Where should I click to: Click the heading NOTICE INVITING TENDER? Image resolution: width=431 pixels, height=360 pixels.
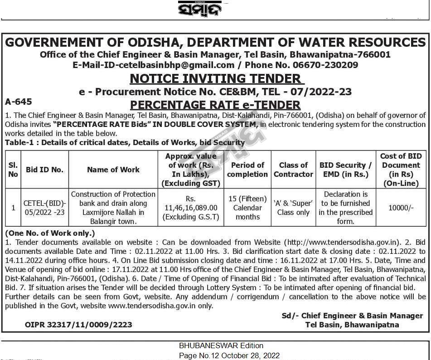(x=215, y=78)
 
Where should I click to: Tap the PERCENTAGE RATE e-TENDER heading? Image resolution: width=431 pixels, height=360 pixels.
(x=215, y=105)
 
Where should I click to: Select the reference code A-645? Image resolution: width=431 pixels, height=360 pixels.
(x=18, y=102)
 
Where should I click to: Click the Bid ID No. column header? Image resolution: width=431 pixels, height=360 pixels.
(x=44, y=170)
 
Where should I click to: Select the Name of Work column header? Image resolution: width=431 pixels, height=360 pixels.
(x=113, y=170)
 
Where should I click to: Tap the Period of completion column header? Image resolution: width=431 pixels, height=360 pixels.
(x=247, y=170)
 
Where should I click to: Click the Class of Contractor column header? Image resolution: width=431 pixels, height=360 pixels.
(x=293, y=170)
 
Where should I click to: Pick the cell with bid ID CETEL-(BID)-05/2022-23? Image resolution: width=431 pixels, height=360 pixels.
(x=44, y=208)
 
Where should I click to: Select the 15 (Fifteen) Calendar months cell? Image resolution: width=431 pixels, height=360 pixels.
(x=247, y=208)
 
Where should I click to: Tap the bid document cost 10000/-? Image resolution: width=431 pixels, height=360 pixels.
(x=401, y=208)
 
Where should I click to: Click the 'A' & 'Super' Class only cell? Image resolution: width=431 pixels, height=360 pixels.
(x=293, y=208)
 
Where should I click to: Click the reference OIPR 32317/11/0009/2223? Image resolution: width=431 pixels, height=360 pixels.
(x=78, y=325)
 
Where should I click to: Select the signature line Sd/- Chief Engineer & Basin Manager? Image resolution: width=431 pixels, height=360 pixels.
(x=352, y=316)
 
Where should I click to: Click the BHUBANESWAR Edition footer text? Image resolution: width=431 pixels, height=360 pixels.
(x=221, y=345)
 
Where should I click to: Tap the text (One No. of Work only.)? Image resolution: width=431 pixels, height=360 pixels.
(x=50, y=233)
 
